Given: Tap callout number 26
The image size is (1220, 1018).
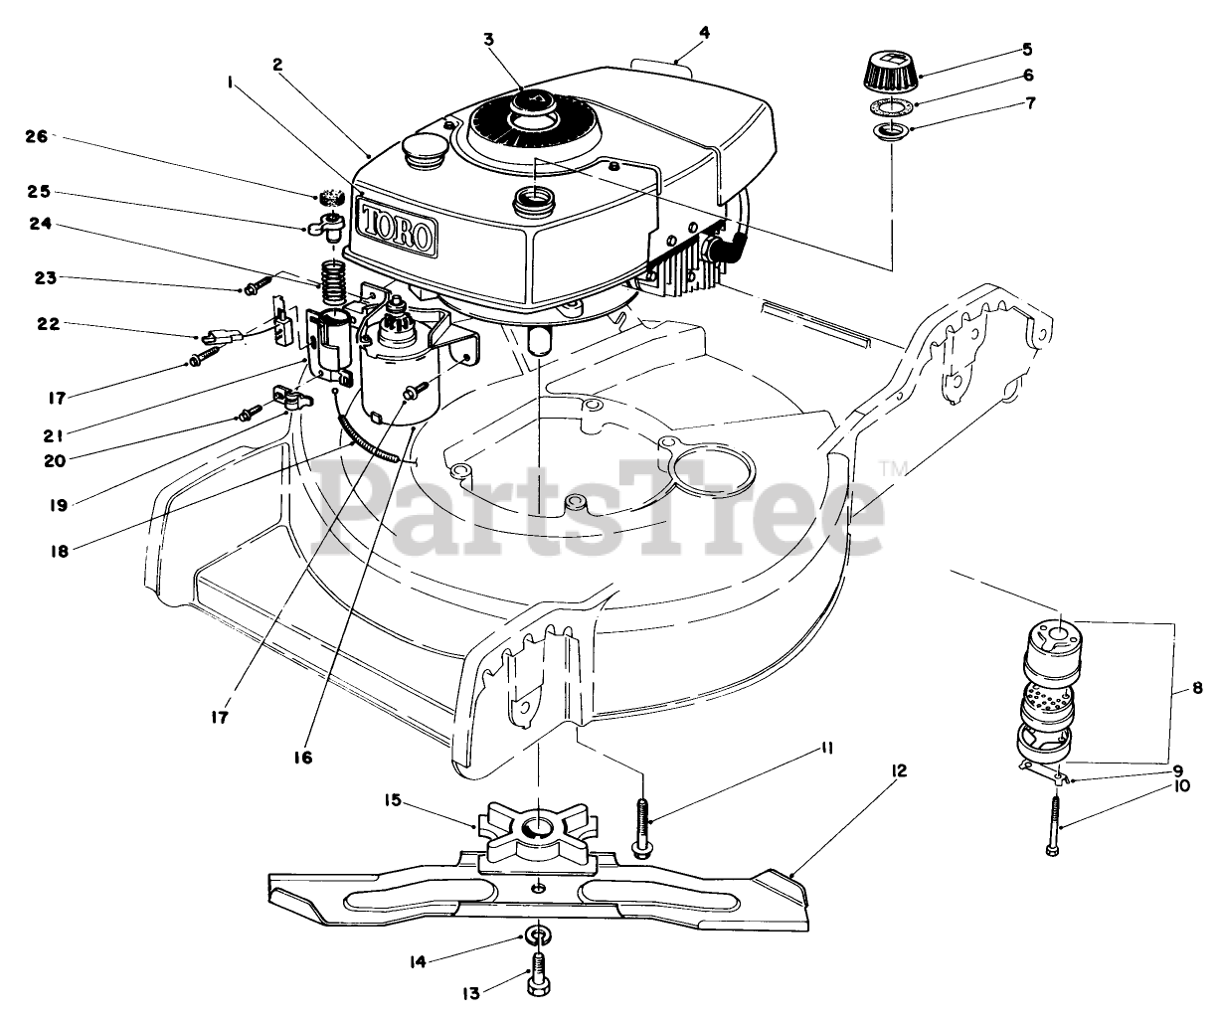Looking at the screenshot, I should point(33,137).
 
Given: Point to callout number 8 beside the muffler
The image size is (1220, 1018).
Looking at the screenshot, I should point(1197,686).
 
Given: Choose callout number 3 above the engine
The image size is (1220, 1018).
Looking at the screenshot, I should point(488,39).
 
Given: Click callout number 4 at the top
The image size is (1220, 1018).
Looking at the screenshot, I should point(704,32).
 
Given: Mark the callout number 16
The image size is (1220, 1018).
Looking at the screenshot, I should point(302,757).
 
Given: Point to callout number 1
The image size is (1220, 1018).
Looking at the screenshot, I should point(230,85).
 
